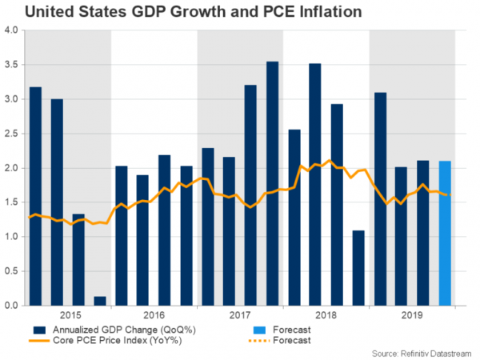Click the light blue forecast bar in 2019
tap(446, 233)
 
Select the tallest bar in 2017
tap(273, 183)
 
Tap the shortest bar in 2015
tap(100, 301)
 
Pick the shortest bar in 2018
tap(359, 268)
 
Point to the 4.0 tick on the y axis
tap(11, 31)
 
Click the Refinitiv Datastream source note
tap(424, 352)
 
